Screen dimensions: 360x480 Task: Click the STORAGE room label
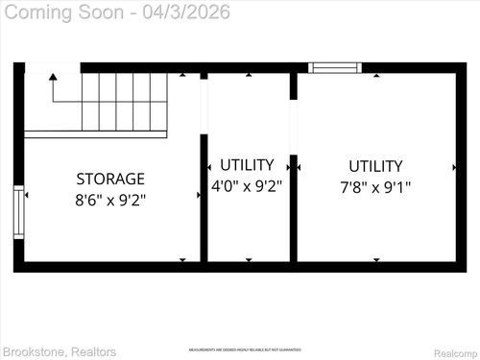click(110, 179)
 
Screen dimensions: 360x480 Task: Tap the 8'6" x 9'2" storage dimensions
click(110, 201)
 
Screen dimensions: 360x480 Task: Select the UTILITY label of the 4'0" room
click(247, 165)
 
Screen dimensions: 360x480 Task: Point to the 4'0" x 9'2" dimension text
click(247, 186)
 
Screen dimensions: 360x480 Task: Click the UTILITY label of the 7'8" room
click(375, 166)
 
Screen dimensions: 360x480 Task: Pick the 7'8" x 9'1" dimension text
click(375, 187)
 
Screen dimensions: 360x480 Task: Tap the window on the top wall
click(335, 68)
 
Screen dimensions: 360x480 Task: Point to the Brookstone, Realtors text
click(60, 351)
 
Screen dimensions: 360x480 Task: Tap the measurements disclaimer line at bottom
click(244, 349)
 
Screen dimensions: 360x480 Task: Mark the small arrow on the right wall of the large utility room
click(454, 167)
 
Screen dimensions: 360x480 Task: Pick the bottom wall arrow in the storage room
click(185, 259)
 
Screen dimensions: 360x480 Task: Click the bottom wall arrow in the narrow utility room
click(249, 259)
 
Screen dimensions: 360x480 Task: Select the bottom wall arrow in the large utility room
click(375, 259)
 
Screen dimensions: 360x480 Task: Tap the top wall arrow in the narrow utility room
click(249, 75)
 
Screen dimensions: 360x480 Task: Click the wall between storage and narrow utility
click(204, 197)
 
